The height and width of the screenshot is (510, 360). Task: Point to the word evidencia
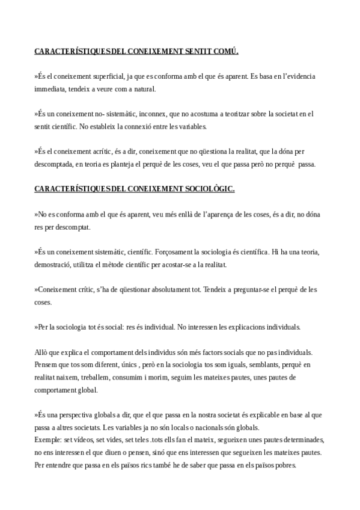[298, 76]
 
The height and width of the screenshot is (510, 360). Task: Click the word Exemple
[48, 440]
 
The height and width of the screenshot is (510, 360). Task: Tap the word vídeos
[82, 440]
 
